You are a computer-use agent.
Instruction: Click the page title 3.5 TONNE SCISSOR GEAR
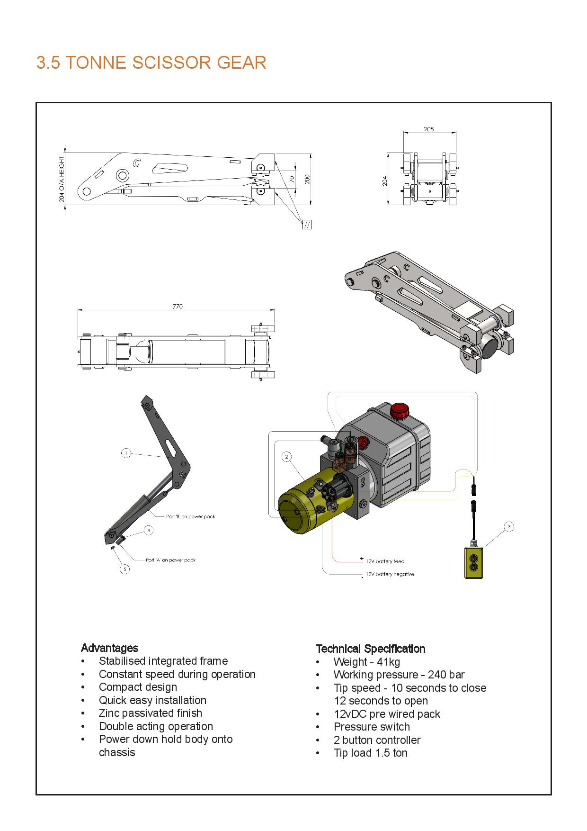click(x=151, y=63)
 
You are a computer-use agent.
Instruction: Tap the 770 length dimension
click(x=177, y=307)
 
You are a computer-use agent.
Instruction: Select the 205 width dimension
click(x=428, y=129)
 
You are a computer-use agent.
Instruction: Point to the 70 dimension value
click(x=292, y=179)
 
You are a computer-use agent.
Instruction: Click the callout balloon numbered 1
click(x=126, y=453)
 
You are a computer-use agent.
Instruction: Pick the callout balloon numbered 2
click(x=286, y=457)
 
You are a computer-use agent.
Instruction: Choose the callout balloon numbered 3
click(x=509, y=526)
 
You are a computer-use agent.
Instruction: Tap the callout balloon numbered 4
click(x=149, y=530)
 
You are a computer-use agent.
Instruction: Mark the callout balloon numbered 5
click(x=125, y=569)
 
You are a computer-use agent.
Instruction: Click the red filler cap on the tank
click(x=399, y=410)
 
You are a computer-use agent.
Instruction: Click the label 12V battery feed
click(x=385, y=561)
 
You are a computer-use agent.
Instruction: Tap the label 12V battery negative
click(x=390, y=574)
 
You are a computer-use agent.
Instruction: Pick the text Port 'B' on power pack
click(x=191, y=516)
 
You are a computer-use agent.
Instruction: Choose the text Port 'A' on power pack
click(x=170, y=560)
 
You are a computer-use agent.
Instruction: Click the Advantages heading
click(x=110, y=648)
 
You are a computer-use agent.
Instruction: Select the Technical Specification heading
click(x=371, y=649)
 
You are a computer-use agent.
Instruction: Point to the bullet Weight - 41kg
click(x=366, y=662)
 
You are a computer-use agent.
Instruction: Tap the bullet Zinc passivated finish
click(x=151, y=713)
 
